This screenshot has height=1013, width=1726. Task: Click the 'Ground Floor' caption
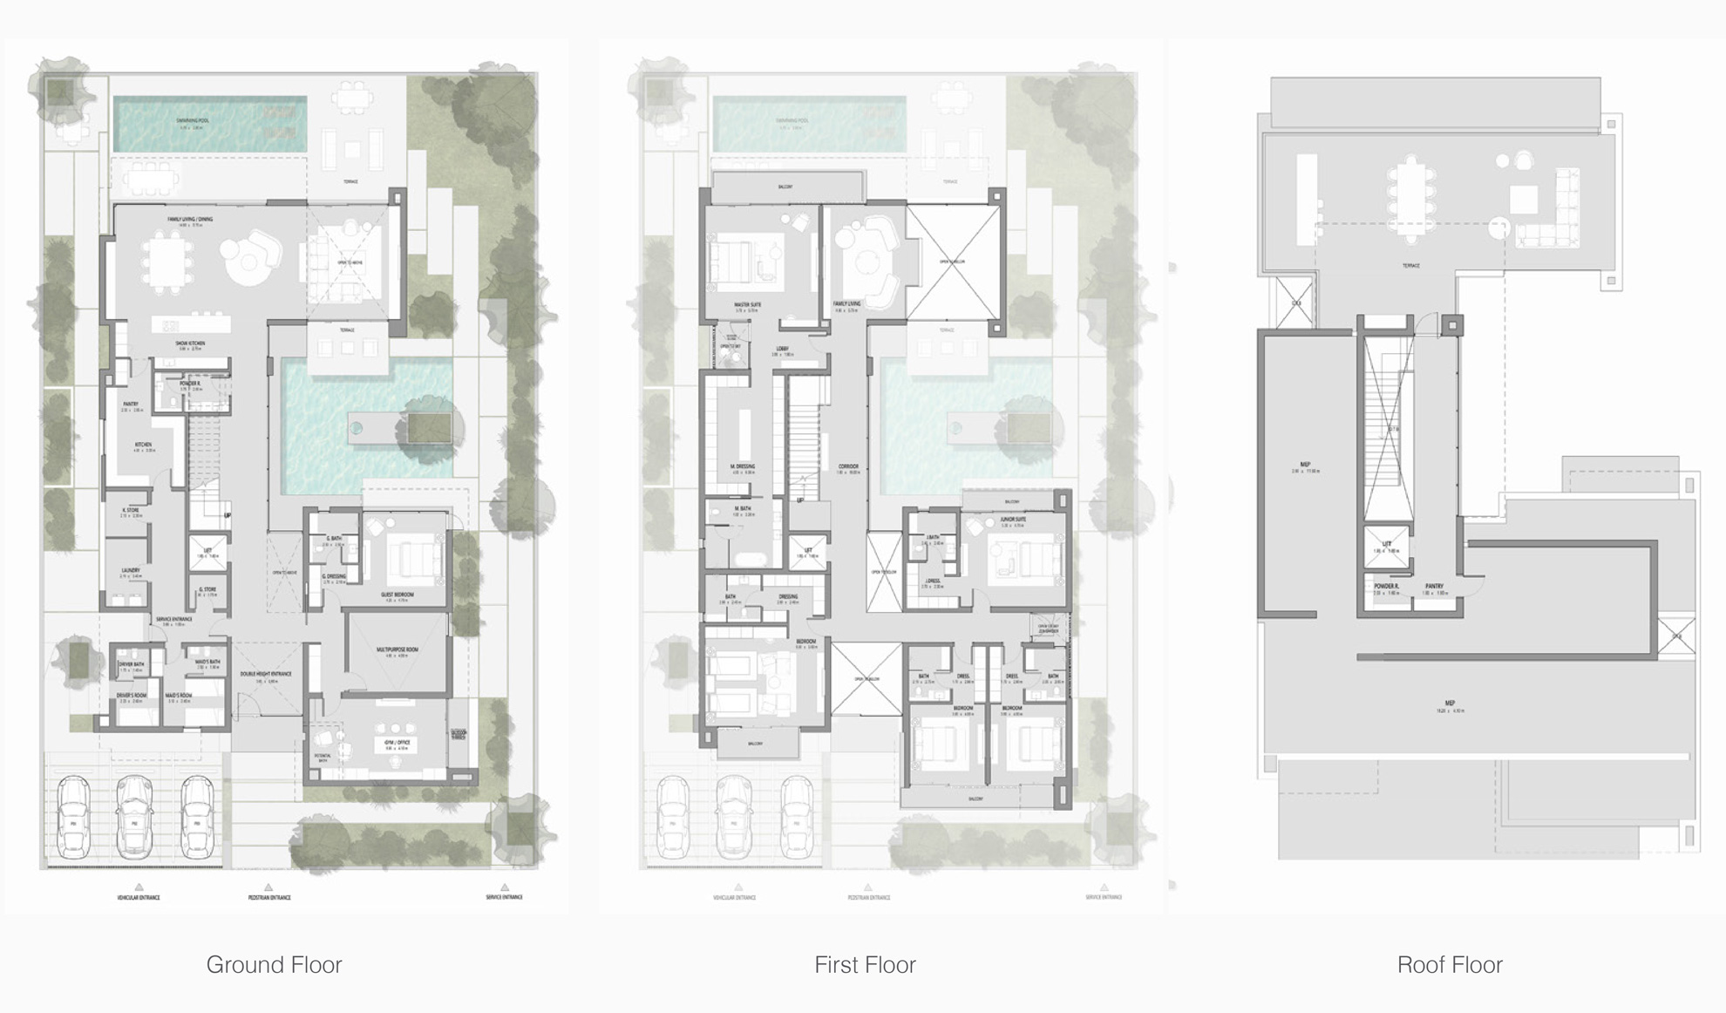tap(274, 965)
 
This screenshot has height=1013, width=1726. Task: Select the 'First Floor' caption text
tap(865, 965)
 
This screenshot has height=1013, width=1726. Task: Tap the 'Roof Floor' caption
tap(1450, 965)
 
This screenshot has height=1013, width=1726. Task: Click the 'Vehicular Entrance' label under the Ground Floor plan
tap(139, 897)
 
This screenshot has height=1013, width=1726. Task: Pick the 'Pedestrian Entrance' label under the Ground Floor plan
tap(269, 897)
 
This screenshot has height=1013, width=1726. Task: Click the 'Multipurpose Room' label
tap(398, 649)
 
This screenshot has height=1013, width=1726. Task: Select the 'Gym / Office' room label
tap(397, 743)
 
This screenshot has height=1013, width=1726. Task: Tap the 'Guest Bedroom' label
tap(398, 595)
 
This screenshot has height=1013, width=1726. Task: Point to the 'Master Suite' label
tap(747, 305)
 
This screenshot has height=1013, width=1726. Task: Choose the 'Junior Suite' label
tap(1013, 520)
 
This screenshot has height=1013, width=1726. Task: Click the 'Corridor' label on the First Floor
tap(848, 466)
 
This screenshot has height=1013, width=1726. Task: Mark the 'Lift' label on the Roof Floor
tap(1386, 544)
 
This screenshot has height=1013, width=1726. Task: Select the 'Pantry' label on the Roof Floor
tap(1434, 586)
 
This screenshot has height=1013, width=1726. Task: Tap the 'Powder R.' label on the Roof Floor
tap(1386, 586)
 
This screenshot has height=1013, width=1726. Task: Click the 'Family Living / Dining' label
tap(190, 220)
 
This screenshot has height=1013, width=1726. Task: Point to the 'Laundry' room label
tap(131, 570)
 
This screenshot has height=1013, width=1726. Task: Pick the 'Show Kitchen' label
tap(190, 343)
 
